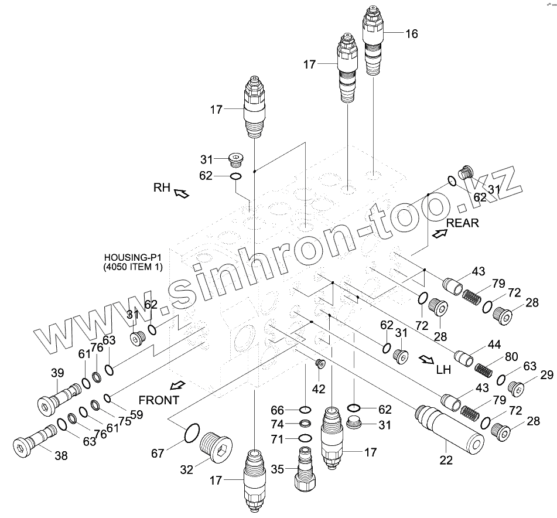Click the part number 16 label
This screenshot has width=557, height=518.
(x=411, y=33)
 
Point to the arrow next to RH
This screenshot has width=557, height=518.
(x=181, y=192)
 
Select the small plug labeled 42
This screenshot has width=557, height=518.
(x=320, y=364)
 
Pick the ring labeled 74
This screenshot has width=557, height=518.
(x=306, y=424)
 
